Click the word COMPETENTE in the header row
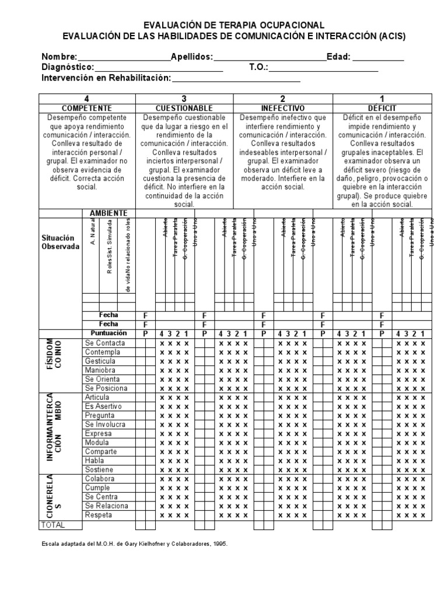coord(87,108)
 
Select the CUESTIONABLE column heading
coord(184,108)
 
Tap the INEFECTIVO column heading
coord(283,108)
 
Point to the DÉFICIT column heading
coord(382,108)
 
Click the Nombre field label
coord(58,57)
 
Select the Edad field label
coord(338,57)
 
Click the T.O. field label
coord(258,68)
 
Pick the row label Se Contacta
coord(105,343)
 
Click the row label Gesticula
coord(100,361)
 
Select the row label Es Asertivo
coord(103,406)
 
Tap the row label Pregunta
coord(100,416)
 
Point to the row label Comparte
coord(101,452)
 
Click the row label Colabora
coord(100,479)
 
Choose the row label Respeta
coord(99,515)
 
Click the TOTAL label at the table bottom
coord(52,525)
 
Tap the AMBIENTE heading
coord(108,213)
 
